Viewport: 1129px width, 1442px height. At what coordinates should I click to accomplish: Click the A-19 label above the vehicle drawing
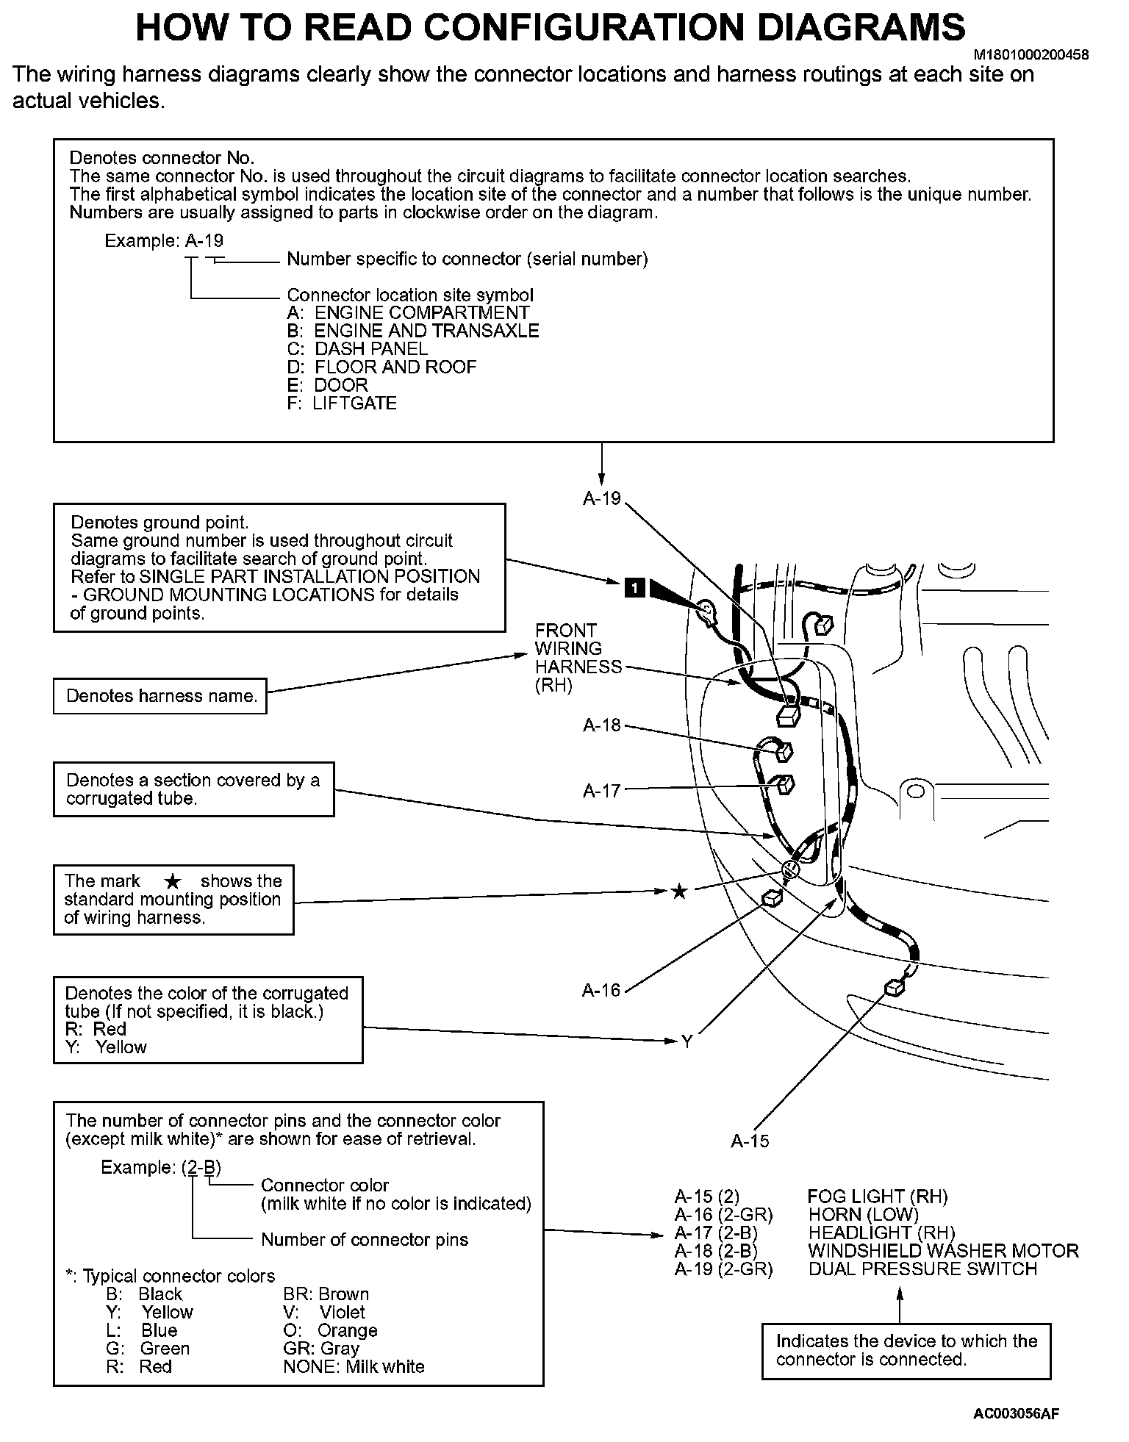click(x=601, y=498)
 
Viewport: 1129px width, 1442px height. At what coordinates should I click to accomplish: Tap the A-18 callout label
click(x=601, y=725)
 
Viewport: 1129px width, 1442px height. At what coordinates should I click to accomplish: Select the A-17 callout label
click(x=601, y=791)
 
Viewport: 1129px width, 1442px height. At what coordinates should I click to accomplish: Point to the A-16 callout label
click(x=601, y=990)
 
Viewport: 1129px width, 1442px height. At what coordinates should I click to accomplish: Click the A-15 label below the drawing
click(x=750, y=1141)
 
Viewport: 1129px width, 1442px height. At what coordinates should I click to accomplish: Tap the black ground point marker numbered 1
click(x=635, y=587)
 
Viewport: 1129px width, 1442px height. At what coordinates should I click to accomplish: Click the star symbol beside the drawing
click(x=680, y=892)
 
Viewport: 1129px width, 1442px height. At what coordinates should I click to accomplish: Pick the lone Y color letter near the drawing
click(x=687, y=1041)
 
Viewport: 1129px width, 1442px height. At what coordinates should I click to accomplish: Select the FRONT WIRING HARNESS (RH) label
click(x=577, y=658)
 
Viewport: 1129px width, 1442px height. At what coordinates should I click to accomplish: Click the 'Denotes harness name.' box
click(x=160, y=696)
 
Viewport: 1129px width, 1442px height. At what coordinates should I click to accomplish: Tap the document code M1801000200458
click(x=1031, y=55)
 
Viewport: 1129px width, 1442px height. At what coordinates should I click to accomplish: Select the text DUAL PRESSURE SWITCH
click(x=922, y=1269)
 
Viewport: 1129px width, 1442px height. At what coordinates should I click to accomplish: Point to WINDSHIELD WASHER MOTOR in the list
click(x=943, y=1251)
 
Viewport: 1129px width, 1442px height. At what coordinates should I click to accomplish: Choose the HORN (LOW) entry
click(x=863, y=1215)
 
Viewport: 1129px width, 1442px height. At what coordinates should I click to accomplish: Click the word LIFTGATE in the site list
click(x=354, y=403)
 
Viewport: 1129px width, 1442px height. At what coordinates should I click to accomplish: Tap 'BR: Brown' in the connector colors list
click(x=326, y=1294)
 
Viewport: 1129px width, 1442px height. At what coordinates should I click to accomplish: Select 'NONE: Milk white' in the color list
click(x=354, y=1366)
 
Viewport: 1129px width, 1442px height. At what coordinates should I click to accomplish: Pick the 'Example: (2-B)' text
click(x=161, y=1167)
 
